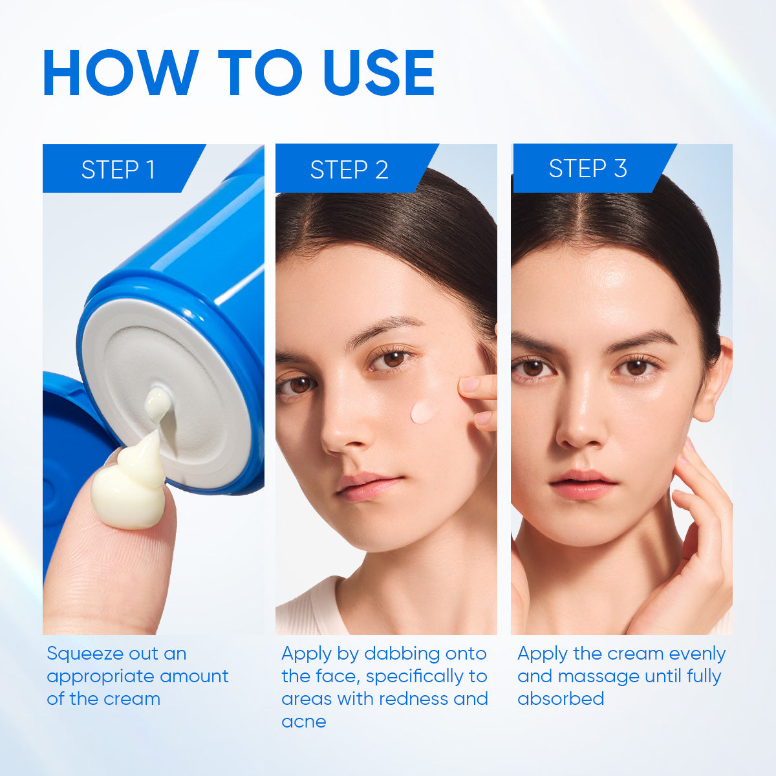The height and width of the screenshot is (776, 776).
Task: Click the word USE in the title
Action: coord(379,72)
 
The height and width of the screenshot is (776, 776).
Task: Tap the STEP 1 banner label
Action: coord(118,169)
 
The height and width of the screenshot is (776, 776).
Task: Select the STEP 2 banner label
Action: coord(349,169)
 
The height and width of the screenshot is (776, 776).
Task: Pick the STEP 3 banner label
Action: coord(588,168)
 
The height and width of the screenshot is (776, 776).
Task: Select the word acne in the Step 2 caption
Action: coord(304,722)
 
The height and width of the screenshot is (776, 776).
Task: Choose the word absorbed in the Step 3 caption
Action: coord(561,698)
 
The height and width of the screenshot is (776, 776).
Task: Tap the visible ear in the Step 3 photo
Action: coord(715,378)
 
